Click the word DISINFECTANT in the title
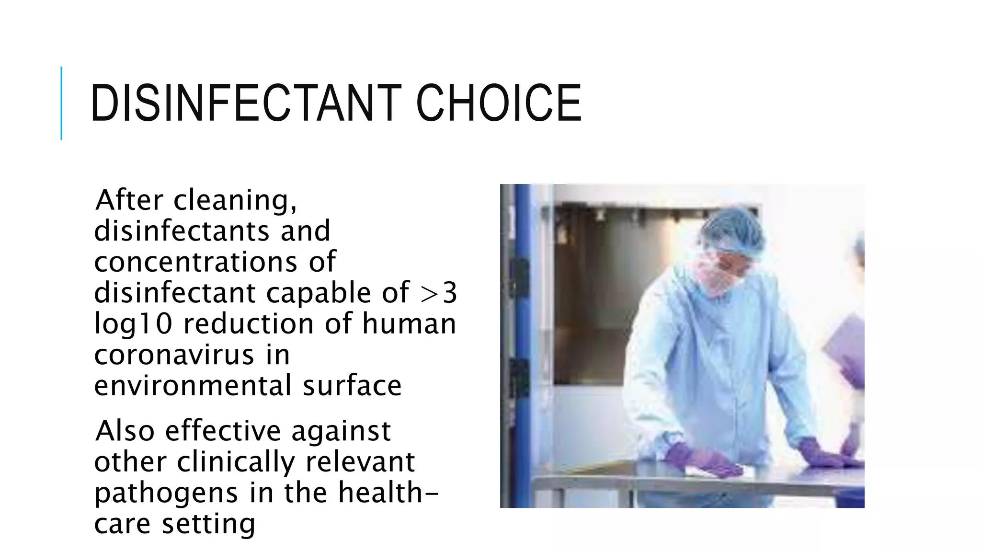tap(245, 103)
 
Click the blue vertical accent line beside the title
tap(61, 103)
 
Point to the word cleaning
tap(235, 201)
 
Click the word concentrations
tap(195, 262)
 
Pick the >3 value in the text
tap(438, 293)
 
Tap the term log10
tap(133, 324)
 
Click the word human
tap(409, 323)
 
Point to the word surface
tap(352, 386)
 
